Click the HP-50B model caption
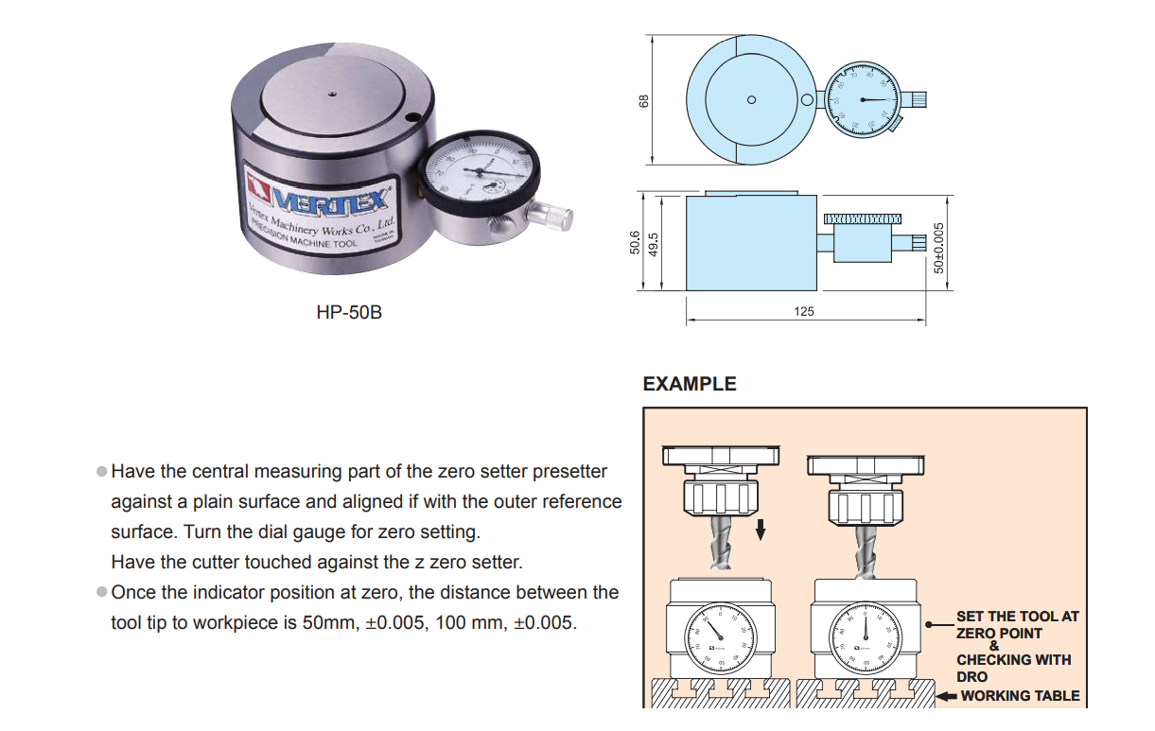(349, 311)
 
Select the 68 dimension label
(645, 99)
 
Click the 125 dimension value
(804, 310)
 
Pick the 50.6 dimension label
(635, 243)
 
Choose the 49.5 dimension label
(652, 243)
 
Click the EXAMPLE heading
(689, 384)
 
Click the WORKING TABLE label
(1020, 695)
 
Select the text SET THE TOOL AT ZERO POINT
(1016, 624)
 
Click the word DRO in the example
(971, 676)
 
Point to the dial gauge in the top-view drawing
(864, 98)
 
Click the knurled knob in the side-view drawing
(860, 218)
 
